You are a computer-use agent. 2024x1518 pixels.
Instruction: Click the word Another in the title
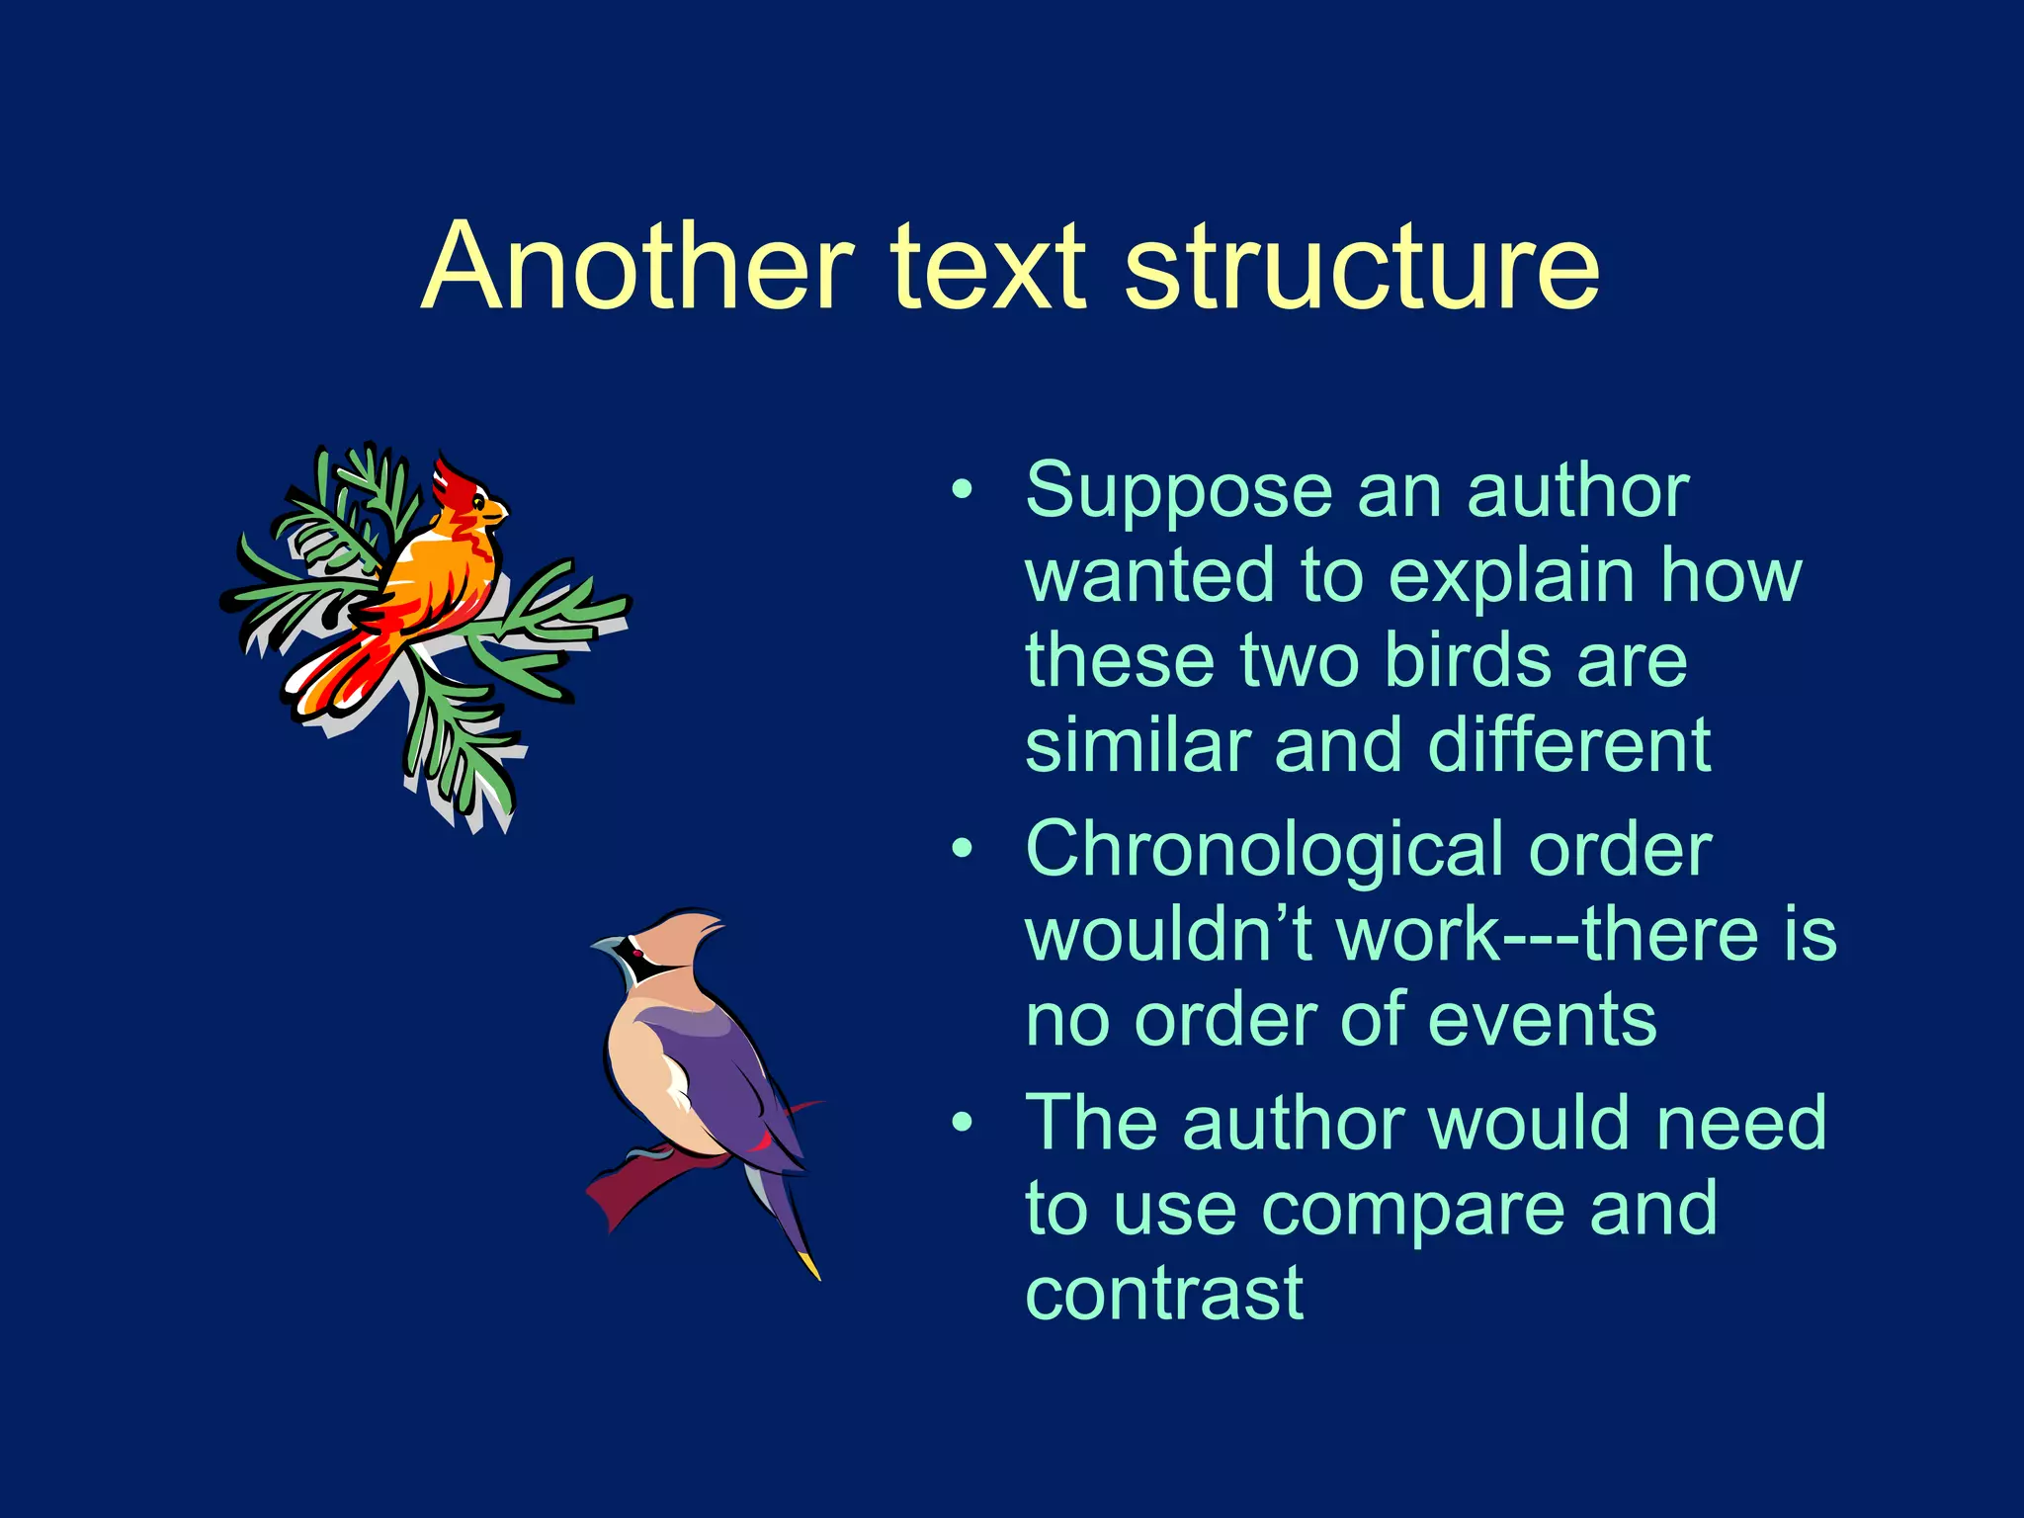pyautogui.click(x=637, y=267)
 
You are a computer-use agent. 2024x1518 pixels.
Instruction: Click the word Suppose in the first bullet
pyautogui.click(x=1176, y=491)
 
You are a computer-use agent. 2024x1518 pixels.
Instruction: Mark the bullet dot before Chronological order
pyautogui.click(x=962, y=849)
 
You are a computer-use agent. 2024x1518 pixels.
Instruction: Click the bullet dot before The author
pyautogui.click(x=962, y=1123)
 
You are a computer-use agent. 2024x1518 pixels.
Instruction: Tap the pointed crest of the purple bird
pyautogui.click(x=707, y=923)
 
